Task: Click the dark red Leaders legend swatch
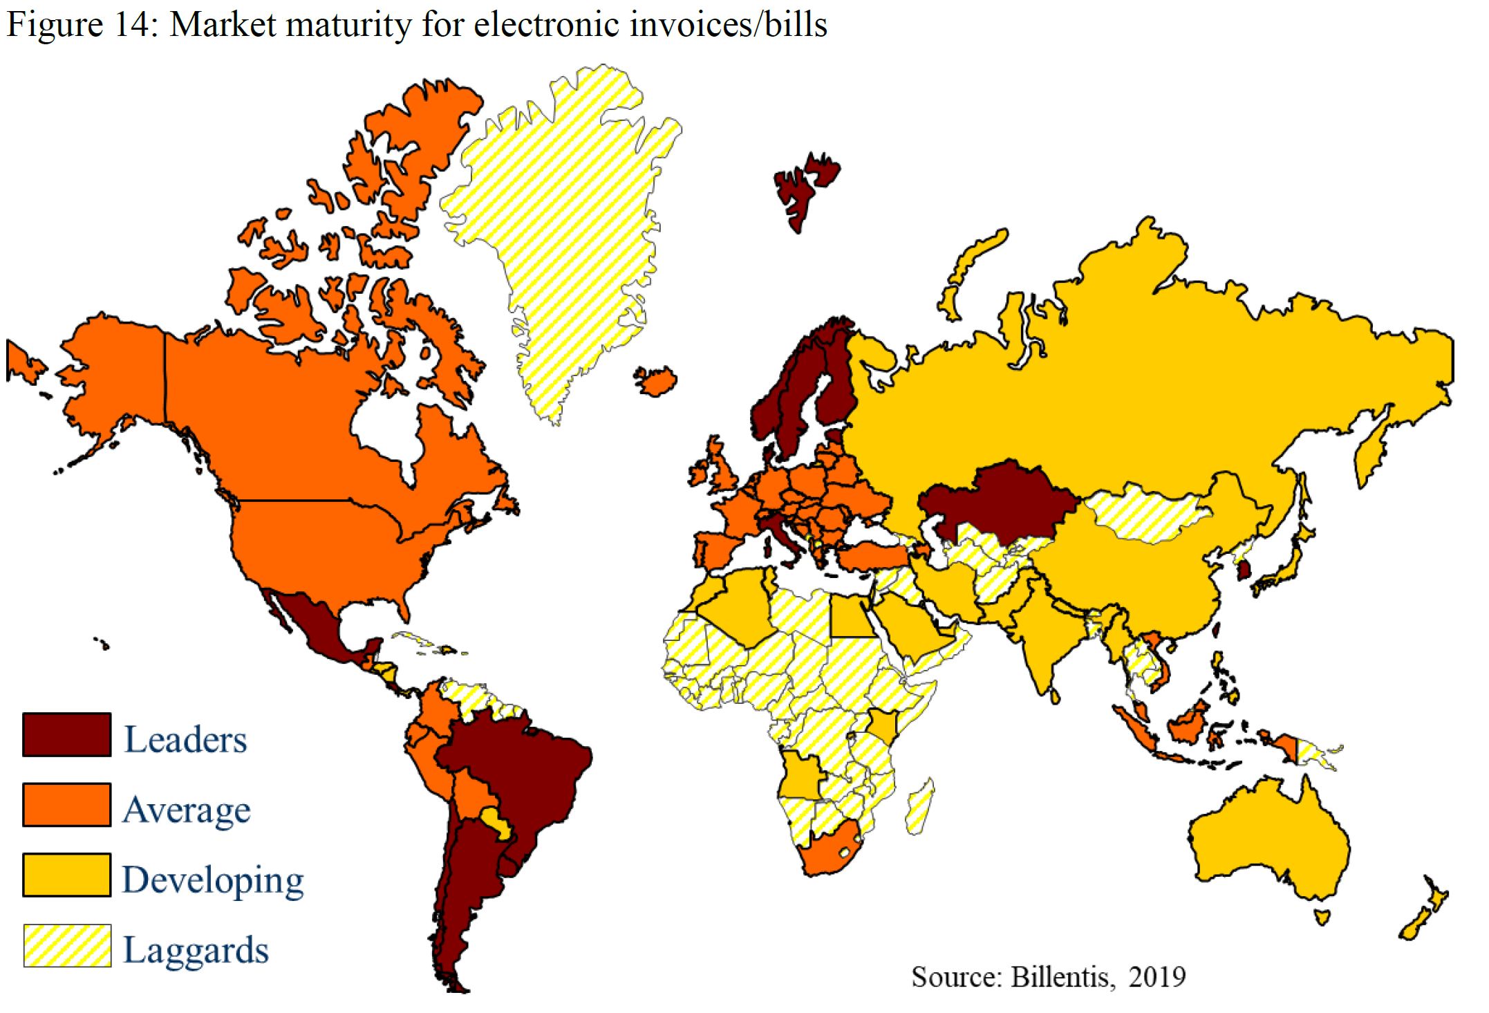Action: pos(66,734)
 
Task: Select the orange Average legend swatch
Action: pos(66,804)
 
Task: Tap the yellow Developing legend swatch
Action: pos(66,875)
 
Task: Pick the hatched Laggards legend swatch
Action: pos(66,945)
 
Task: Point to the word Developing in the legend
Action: pos(213,880)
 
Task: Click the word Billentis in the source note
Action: pos(1061,977)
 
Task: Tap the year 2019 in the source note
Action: pos(1157,977)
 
